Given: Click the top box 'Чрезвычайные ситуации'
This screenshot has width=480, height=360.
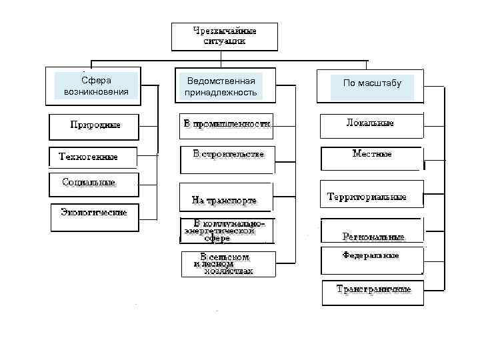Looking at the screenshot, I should tap(224, 37).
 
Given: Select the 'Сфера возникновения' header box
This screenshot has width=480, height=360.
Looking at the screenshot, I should tap(96, 85).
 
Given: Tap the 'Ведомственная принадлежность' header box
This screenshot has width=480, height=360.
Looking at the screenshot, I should tap(221, 86).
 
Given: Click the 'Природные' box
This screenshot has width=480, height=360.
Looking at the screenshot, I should tap(95, 125).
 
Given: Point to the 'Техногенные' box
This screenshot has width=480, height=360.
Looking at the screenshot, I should tap(93, 157).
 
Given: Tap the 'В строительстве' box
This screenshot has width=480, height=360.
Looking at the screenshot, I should tap(227, 157).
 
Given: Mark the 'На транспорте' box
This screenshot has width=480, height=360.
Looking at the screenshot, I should tap(225, 198).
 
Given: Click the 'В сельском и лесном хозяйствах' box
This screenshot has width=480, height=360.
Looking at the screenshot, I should tap(227, 263).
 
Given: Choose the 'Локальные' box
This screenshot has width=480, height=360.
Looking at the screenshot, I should tap(371, 125).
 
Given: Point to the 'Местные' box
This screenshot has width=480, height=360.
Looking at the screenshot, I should tap(371, 158).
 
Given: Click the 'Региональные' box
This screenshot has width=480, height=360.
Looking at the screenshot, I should tap(371, 231).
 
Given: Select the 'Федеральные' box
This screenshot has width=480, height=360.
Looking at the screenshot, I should tap(371, 260).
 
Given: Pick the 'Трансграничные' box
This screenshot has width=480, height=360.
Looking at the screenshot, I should tap(373, 292).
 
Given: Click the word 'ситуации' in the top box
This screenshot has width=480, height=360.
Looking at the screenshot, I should tap(224, 41).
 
